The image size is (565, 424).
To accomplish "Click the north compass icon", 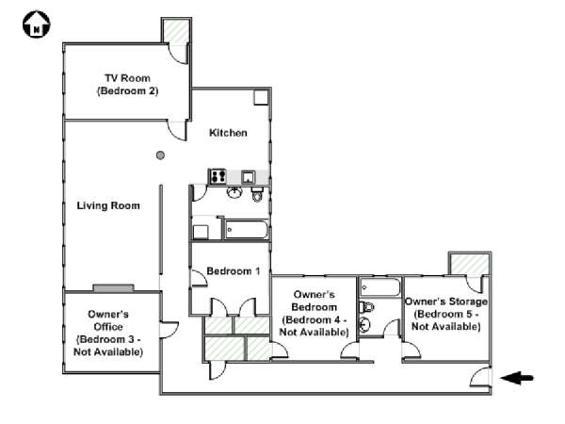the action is (37, 24).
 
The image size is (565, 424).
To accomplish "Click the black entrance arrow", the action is (517, 378).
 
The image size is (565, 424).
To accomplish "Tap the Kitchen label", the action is (228, 133).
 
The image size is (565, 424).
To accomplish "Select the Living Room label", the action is (108, 205).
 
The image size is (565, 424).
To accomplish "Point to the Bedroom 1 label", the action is (234, 270).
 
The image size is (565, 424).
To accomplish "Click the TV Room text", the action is (127, 78).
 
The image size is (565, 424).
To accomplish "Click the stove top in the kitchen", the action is (218, 177).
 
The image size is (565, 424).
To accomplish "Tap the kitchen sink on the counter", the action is (249, 177).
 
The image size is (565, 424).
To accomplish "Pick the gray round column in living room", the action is (160, 155).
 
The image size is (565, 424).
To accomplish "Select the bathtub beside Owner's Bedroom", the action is (380, 287).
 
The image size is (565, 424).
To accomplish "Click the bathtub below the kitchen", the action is (247, 230).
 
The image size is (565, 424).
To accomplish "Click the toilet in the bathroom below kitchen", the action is (257, 194).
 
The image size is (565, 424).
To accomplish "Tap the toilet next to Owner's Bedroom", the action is (366, 307).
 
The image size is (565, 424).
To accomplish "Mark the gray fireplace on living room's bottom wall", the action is (114, 288).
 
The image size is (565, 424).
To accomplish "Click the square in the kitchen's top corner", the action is (261, 97).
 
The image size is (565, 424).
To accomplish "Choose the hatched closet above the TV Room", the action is (176, 32).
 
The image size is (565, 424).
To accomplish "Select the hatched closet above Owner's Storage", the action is (470, 265).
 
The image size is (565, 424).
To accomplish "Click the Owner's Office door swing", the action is (169, 330).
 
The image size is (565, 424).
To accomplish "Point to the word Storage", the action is (467, 302).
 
